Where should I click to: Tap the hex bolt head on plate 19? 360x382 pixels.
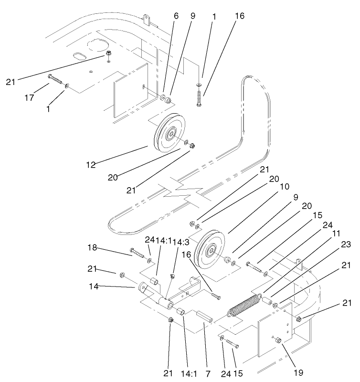click(x=278, y=340)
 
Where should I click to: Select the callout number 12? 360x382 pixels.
click(x=91, y=165)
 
